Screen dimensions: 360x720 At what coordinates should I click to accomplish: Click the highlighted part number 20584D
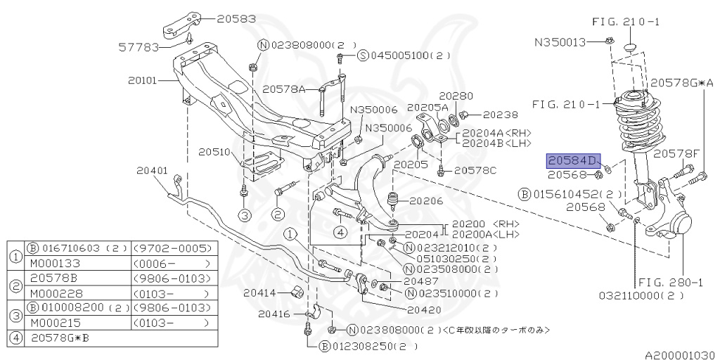point(570,160)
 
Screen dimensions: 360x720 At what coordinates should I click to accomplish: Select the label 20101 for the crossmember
point(143,81)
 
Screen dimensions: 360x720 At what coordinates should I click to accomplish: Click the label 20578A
point(284,89)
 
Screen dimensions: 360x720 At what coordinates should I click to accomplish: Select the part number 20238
point(500,114)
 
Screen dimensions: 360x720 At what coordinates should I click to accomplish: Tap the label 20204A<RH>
point(496,133)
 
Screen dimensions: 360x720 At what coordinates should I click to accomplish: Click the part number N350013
point(560,42)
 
